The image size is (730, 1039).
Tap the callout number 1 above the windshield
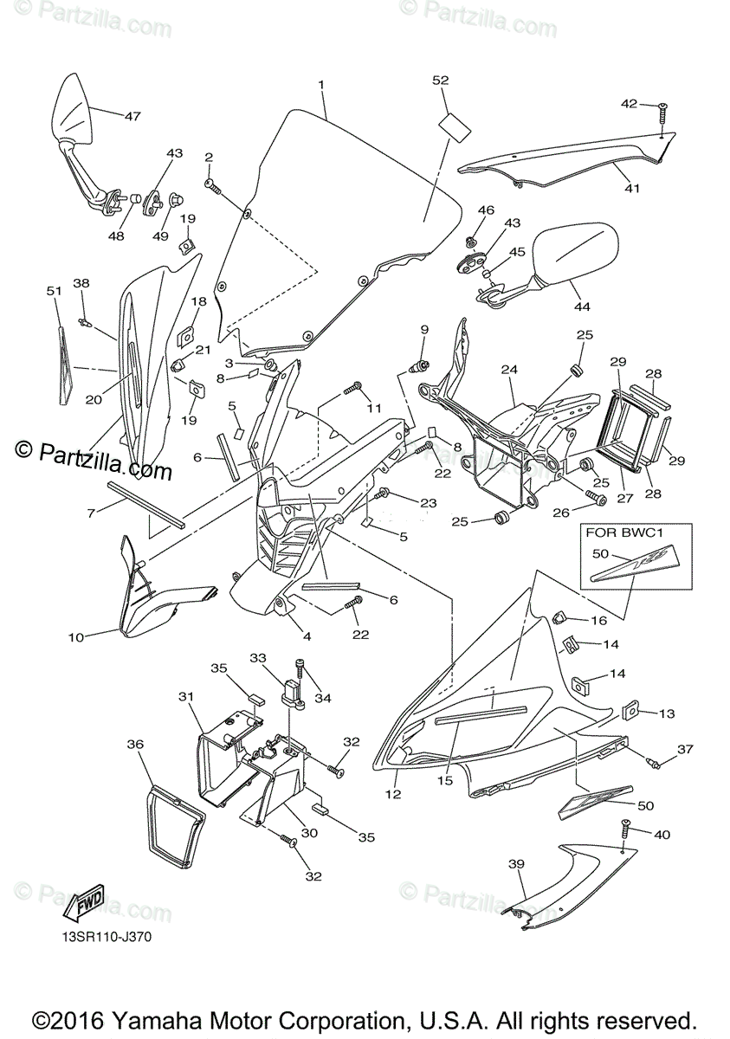pyautogui.click(x=321, y=85)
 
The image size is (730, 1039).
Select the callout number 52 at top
pyautogui.click(x=441, y=81)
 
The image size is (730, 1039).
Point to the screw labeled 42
pyautogui.click(x=662, y=111)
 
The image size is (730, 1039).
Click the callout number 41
pyautogui.click(x=632, y=187)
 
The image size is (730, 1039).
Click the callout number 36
pyautogui.click(x=134, y=744)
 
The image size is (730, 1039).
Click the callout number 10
pyautogui.click(x=76, y=637)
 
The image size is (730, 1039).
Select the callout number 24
pyautogui.click(x=508, y=370)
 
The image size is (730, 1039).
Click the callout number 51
pyautogui.click(x=54, y=292)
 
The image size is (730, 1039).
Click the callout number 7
pyautogui.click(x=91, y=513)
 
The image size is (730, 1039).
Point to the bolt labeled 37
pyautogui.click(x=654, y=763)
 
